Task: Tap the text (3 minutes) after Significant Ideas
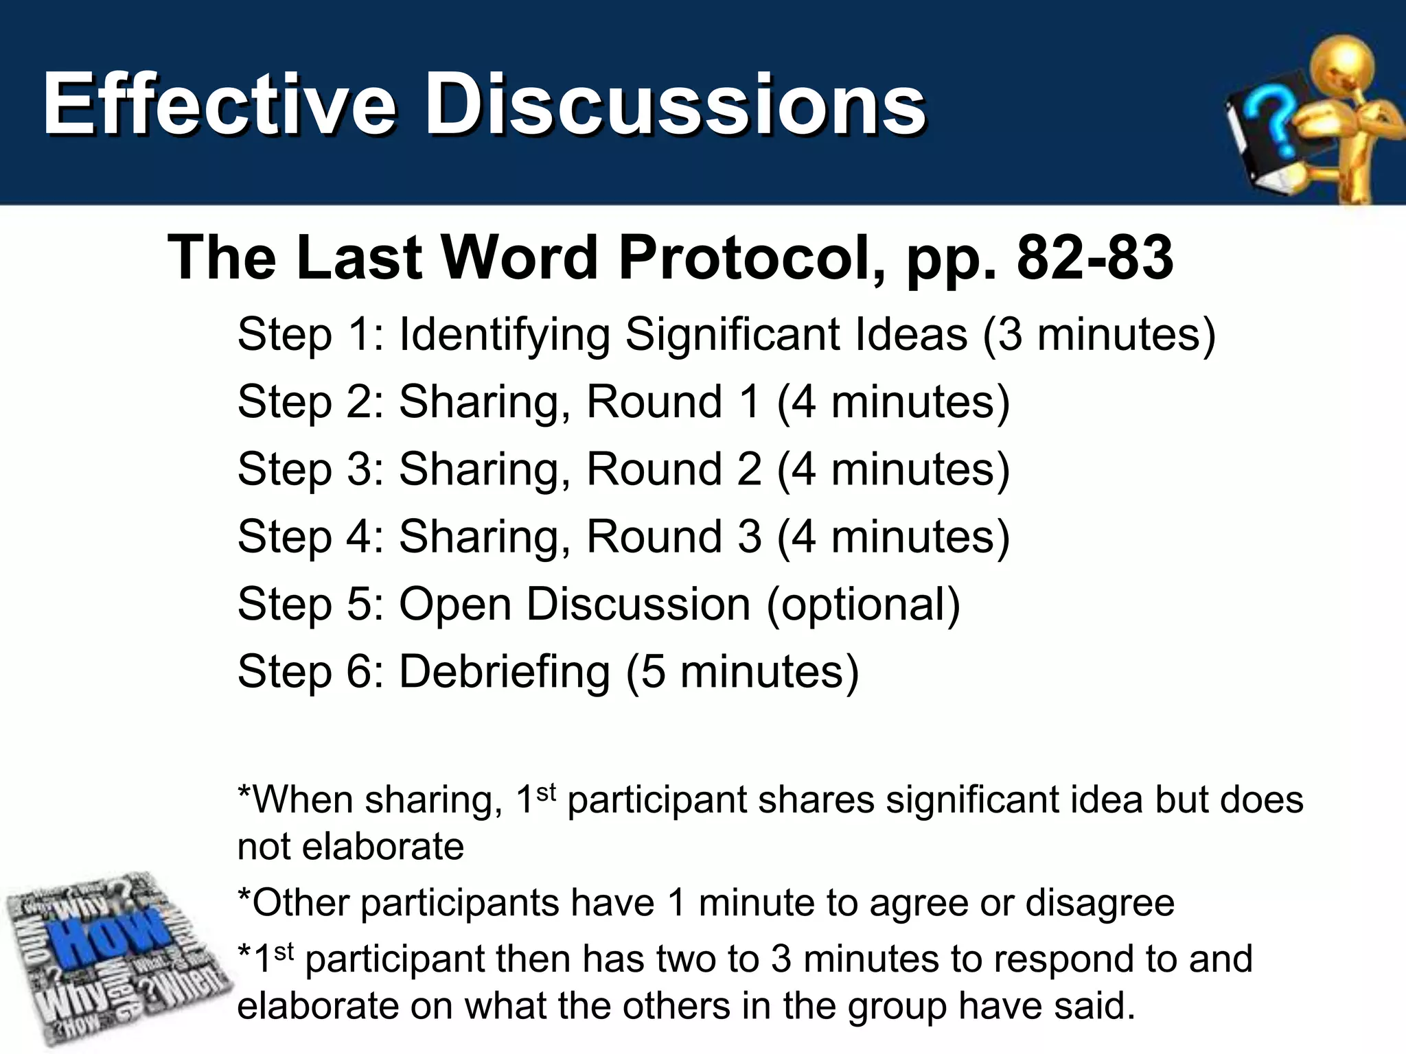click(1098, 335)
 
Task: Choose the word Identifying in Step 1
click(505, 335)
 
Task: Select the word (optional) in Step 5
click(863, 604)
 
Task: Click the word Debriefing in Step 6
click(505, 671)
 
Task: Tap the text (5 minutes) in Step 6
click(742, 671)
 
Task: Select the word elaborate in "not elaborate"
click(382, 847)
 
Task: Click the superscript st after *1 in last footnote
click(284, 951)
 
